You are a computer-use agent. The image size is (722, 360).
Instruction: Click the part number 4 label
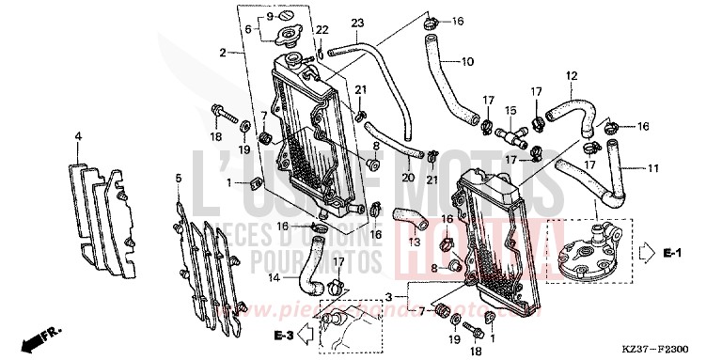(x=79, y=136)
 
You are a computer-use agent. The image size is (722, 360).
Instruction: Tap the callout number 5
(x=178, y=177)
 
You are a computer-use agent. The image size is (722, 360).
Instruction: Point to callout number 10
(x=467, y=62)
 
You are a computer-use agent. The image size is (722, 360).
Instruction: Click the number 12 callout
(x=571, y=75)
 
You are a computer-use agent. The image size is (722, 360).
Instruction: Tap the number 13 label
(x=415, y=242)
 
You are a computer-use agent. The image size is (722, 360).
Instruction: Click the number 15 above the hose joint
(x=510, y=110)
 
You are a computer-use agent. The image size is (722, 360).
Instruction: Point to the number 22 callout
(x=322, y=30)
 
